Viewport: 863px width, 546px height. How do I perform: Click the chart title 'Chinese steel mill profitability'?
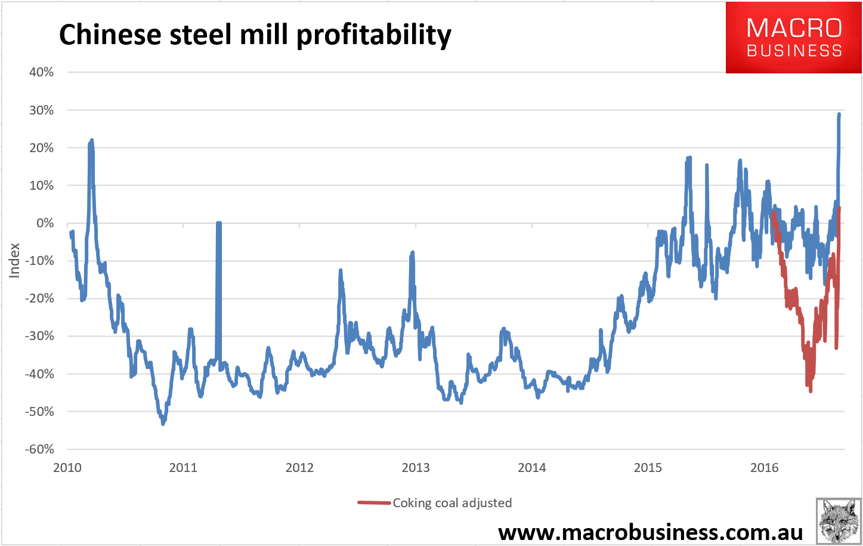pos(255,35)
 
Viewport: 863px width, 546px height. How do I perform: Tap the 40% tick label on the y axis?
pos(41,72)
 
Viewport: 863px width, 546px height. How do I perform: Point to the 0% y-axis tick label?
pos(45,223)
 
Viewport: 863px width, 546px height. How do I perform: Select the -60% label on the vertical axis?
pos(39,449)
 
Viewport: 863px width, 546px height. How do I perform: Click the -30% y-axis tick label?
pos(39,336)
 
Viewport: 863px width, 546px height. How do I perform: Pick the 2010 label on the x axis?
pos(67,468)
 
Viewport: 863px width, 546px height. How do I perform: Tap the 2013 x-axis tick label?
pos(416,468)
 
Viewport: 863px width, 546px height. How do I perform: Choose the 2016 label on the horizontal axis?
pos(764,468)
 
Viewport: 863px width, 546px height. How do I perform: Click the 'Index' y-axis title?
pos(15,260)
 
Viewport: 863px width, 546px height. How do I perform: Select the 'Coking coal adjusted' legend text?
pos(452,503)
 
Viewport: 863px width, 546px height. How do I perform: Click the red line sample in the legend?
pos(374,503)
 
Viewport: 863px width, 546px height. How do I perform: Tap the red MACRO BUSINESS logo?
pos(794,38)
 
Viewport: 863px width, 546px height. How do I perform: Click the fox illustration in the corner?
pos(837,521)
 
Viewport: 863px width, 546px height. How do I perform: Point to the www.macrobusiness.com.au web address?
pos(651,531)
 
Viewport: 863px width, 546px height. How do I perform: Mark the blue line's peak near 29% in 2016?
pos(839,114)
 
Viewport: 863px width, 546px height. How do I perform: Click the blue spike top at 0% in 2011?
pos(218,223)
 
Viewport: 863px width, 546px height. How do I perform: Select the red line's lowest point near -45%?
pos(811,391)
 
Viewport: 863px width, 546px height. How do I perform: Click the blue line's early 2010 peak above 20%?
pos(91,140)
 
